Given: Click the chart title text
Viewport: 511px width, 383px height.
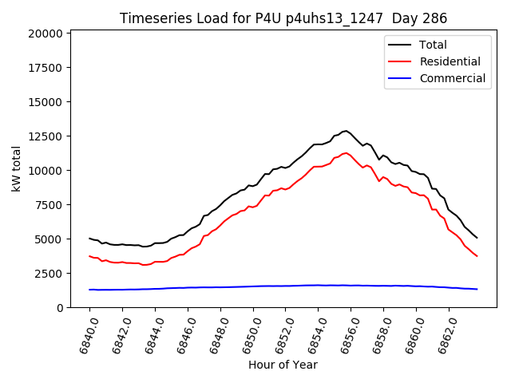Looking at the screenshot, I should (283, 18).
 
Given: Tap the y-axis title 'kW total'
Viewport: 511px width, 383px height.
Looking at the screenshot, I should (16, 168).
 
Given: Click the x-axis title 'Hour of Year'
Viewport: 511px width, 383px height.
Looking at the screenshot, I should (283, 365).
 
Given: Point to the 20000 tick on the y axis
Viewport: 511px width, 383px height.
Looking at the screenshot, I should (45, 34).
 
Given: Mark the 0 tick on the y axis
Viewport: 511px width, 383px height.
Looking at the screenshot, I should (59, 308).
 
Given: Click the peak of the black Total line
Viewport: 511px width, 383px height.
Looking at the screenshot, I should (346, 131).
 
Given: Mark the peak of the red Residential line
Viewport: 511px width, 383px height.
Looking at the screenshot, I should (346, 153).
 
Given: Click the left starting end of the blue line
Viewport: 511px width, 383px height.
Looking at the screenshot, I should (89, 290).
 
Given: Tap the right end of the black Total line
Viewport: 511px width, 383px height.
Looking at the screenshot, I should (477, 238).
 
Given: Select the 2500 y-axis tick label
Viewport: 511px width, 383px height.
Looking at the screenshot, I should (48, 274).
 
